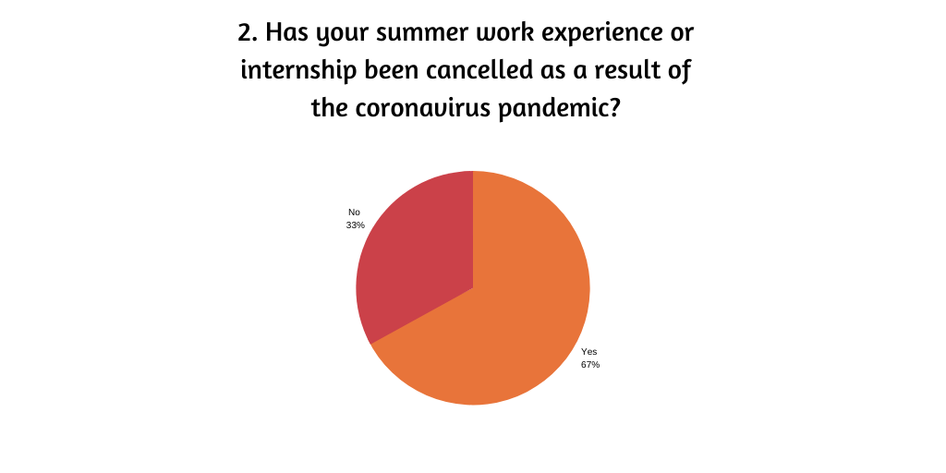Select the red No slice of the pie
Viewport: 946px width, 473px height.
click(x=417, y=253)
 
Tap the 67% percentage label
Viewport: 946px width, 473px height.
click(x=590, y=364)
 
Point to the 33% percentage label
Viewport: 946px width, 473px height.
click(x=356, y=225)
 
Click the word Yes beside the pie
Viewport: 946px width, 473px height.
click(x=588, y=352)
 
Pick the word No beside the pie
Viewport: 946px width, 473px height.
click(x=354, y=212)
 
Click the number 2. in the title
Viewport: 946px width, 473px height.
click(x=248, y=32)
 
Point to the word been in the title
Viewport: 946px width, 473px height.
click(x=391, y=70)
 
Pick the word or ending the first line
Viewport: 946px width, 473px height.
click(x=681, y=34)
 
